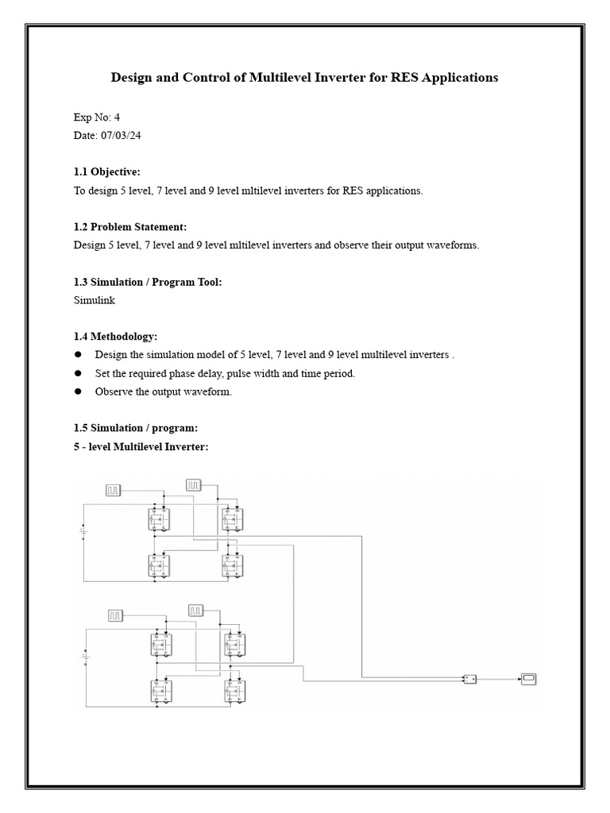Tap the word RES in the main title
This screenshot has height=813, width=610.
click(405, 78)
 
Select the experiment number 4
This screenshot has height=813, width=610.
click(117, 117)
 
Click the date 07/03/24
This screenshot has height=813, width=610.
click(122, 135)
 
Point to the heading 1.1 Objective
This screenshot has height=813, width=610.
click(107, 171)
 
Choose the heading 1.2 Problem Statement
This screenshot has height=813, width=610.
click(130, 226)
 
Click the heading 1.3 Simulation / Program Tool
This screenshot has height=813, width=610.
click(148, 282)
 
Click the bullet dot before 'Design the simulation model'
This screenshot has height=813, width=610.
click(78, 355)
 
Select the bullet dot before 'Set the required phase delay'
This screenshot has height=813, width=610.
click(78, 373)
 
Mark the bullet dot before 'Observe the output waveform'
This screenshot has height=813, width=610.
click(78, 391)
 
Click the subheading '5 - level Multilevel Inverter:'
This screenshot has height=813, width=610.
click(141, 447)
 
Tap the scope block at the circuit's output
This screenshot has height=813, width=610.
click(529, 678)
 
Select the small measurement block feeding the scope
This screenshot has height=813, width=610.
click(469, 679)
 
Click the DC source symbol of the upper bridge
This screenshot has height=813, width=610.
click(83, 530)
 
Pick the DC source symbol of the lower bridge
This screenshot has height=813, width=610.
click(85, 656)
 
